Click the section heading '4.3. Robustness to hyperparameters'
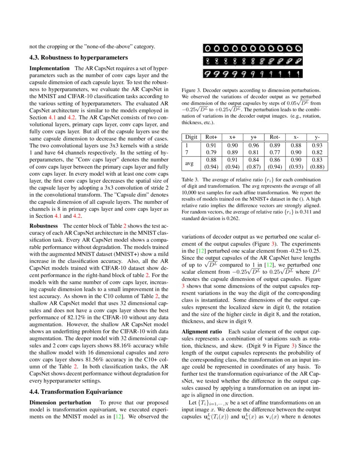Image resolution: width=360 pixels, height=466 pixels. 78,57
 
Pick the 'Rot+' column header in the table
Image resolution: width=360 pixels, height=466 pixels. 211,137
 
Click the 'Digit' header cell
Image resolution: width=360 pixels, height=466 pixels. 191,137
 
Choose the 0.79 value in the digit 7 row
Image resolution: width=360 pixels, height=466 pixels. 211,152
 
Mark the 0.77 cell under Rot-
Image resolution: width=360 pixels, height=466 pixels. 275,152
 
